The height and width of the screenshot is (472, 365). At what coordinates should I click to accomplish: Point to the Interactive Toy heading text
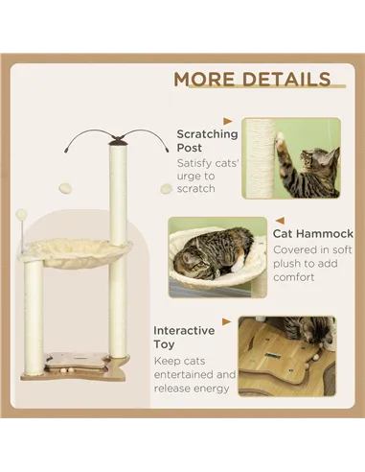click(x=185, y=337)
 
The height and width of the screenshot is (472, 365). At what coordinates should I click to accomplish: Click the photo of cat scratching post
click(x=290, y=157)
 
